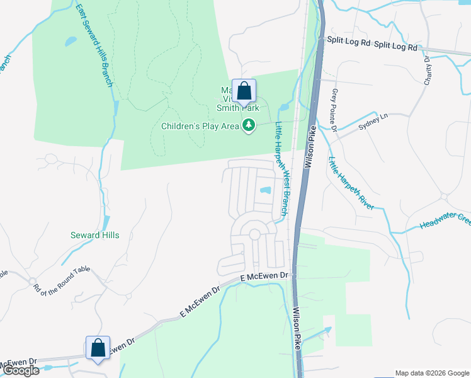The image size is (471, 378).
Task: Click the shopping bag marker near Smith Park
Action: point(244,91)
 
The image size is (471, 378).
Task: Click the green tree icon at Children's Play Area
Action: point(250,126)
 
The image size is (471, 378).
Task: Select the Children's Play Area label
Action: point(200,127)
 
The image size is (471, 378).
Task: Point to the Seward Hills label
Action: point(94,235)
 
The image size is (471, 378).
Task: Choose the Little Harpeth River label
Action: point(351,183)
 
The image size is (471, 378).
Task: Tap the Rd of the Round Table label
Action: point(62,278)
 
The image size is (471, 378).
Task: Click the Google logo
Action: point(21,370)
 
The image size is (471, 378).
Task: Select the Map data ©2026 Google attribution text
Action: point(431,373)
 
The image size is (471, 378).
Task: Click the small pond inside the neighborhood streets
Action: point(265,190)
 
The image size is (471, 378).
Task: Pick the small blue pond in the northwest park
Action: point(71,42)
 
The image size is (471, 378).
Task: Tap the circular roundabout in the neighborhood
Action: point(254,234)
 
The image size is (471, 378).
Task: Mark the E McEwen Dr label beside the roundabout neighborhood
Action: point(264,277)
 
